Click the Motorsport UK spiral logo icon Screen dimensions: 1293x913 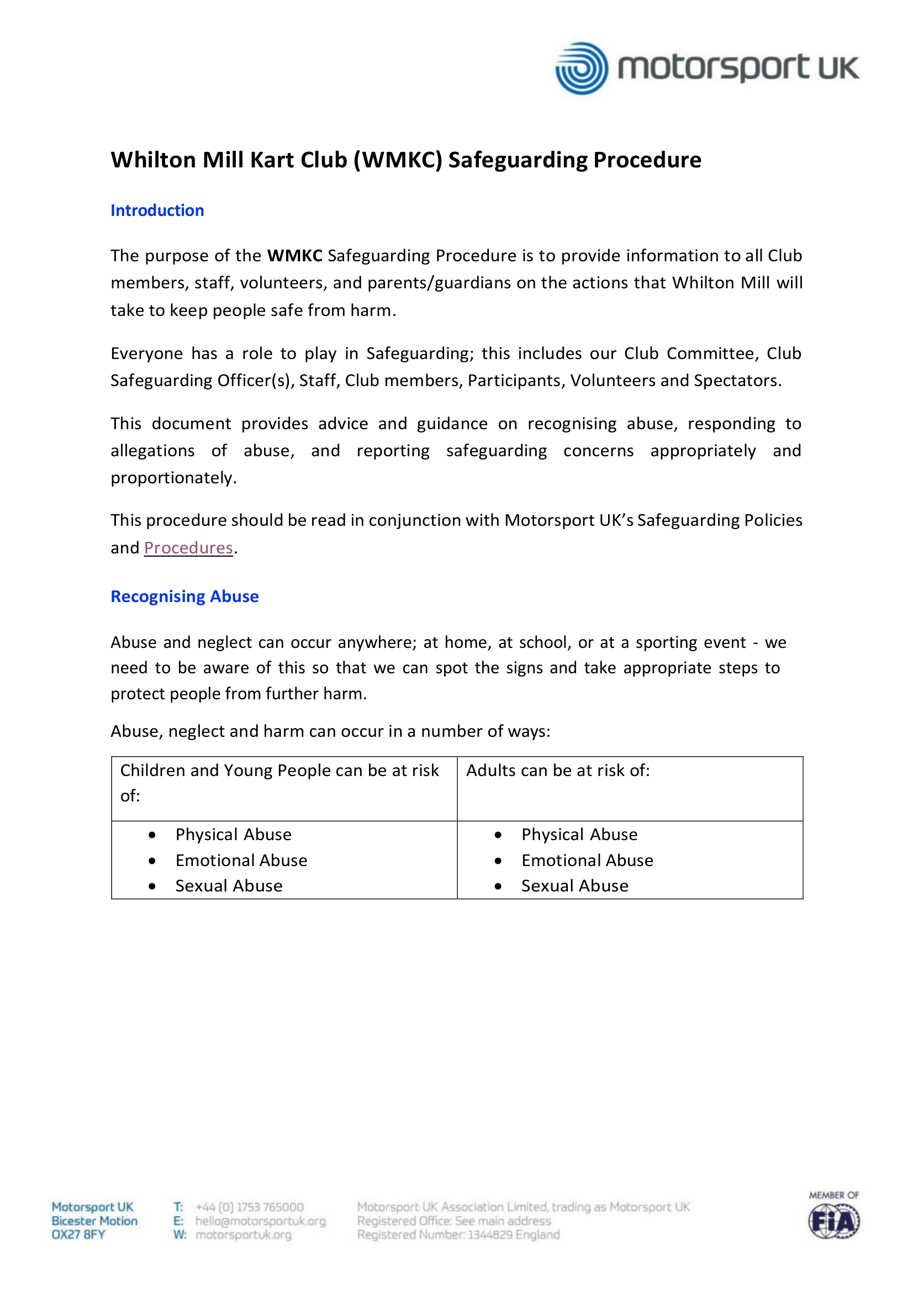point(581,68)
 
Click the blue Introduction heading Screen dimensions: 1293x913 point(157,210)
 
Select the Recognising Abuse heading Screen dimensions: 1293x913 point(184,597)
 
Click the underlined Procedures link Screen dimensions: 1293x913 point(188,548)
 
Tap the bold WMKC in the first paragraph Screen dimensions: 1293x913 point(294,256)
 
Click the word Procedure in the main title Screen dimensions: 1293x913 point(647,160)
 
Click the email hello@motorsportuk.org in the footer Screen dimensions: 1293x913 point(260,1221)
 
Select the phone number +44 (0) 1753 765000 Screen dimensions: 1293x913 point(250,1207)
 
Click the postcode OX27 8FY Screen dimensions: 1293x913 point(78,1234)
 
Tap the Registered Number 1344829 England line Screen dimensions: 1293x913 point(458,1234)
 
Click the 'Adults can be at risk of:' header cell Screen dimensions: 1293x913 point(558,770)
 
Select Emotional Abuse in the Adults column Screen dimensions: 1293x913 point(587,861)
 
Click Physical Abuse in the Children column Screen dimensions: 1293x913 point(233,835)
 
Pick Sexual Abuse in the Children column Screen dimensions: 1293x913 point(229,886)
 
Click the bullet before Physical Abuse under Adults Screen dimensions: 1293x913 point(498,835)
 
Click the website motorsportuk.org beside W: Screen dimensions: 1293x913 point(244,1234)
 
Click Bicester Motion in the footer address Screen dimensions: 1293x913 point(94,1221)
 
